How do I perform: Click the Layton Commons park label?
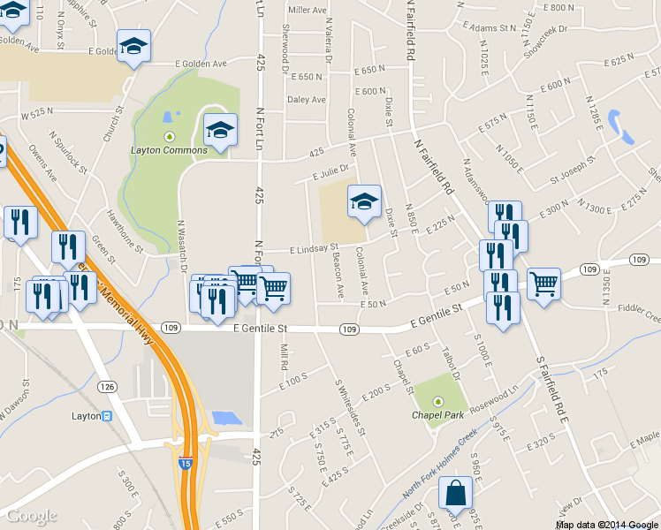(x=169, y=149)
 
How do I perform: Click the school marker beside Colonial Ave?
(x=364, y=202)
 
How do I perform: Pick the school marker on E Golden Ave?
(x=133, y=46)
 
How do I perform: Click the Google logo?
(x=31, y=516)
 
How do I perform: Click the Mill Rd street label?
(x=284, y=357)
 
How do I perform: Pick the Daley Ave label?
(x=307, y=100)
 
